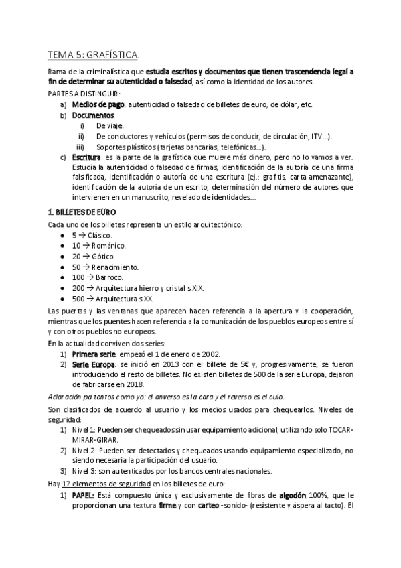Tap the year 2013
[172, 364]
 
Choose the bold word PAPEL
[83, 495]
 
